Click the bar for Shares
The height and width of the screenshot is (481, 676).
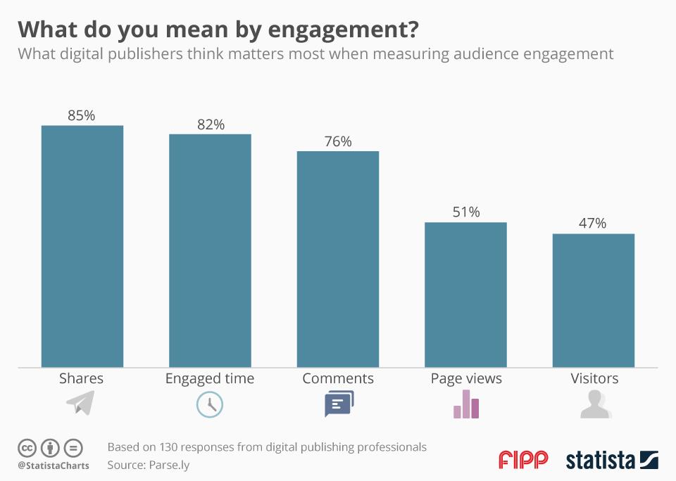82,246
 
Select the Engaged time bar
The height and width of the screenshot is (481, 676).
210,250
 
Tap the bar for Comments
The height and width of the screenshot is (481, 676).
338,259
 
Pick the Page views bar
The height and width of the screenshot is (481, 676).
465,295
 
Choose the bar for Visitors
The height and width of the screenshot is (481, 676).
594,300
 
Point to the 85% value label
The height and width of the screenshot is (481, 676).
81,115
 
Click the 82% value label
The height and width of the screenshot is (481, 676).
211,124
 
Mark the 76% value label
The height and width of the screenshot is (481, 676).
338,141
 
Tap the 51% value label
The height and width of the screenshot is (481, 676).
465,212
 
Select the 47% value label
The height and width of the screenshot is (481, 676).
593,223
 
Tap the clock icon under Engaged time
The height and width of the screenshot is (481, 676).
209,404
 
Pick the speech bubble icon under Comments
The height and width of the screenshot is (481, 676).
339,404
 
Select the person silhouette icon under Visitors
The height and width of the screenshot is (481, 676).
595,405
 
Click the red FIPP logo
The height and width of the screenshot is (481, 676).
523,460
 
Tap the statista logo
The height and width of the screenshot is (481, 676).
611,461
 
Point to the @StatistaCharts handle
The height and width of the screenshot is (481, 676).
54,465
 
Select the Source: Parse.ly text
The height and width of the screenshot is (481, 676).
149,465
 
